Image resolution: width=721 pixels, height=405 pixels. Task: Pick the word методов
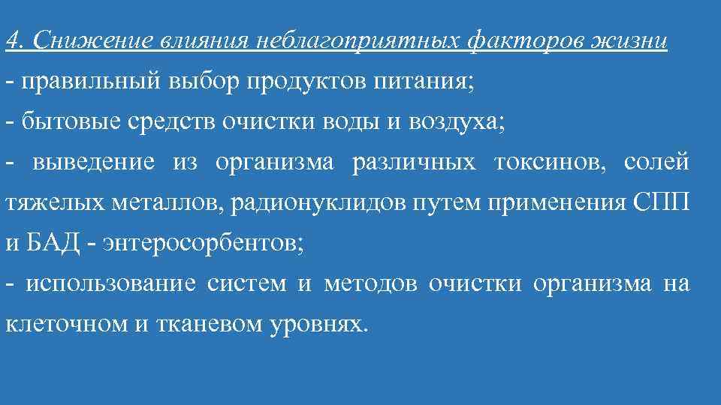[373, 284]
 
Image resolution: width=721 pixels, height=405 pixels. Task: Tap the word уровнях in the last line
[320, 325]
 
